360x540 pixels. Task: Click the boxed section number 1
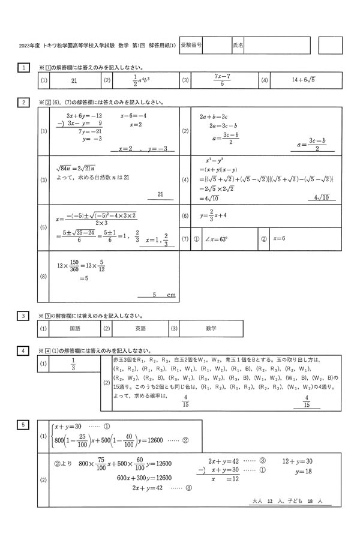22,68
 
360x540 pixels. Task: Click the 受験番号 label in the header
191,45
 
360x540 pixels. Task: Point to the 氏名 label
238,45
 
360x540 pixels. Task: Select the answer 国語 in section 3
75,328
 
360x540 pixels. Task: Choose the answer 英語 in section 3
140,328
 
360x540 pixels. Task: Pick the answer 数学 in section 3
211,328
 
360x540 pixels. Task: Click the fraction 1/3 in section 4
73,364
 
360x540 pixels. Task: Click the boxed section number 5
22,425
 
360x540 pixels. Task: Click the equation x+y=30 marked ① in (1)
71,427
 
